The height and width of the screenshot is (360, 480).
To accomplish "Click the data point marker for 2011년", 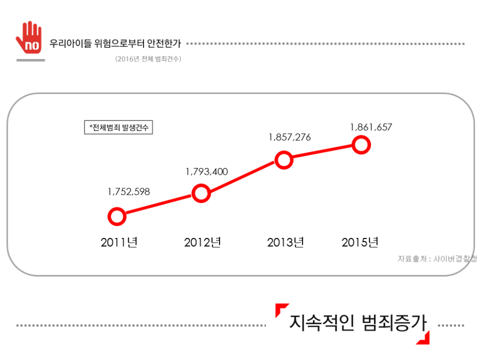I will pyautogui.click(x=117, y=216).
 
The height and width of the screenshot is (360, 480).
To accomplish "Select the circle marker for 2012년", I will pyautogui.click(x=201, y=194).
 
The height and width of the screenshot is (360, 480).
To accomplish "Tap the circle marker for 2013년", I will pyautogui.click(x=283, y=160).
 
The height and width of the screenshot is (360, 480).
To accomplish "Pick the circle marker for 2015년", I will pyautogui.click(x=362, y=145).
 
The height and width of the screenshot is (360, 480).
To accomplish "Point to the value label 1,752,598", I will pyautogui.click(x=129, y=192).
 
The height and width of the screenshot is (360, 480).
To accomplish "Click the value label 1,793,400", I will pyautogui.click(x=207, y=172).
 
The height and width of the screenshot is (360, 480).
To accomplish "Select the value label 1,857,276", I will pyautogui.click(x=290, y=138).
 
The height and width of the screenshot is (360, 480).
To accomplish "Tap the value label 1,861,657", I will pyautogui.click(x=371, y=127).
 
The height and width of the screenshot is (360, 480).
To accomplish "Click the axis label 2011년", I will pyautogui.click(x=119, y=243).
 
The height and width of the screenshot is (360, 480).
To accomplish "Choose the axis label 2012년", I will pyautogui.click(x=202, y=243).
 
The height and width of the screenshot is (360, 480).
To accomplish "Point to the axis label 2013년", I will pyautogui.click(x=285, y=243).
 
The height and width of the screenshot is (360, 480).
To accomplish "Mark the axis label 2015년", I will pyautogui.click(x=360, y=243).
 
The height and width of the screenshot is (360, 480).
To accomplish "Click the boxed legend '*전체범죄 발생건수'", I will pyautogui.click(x=118, y=127).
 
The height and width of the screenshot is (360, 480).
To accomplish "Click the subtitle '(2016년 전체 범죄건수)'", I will pyautogui.click(x=148, y=59).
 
